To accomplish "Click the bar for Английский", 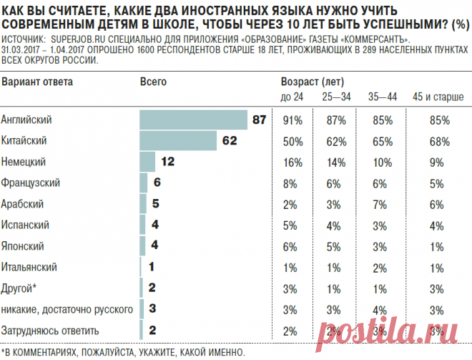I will coord(193,120).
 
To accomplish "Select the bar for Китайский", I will coord(178,140).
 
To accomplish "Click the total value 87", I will coord(258,120).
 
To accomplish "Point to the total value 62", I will coord(229,141).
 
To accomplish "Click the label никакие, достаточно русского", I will coord(67,309).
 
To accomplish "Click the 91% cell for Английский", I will coord(291,120).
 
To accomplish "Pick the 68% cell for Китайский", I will coord(438,141).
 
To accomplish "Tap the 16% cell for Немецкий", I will coord(291,162).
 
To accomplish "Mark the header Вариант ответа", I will coord(36,82).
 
